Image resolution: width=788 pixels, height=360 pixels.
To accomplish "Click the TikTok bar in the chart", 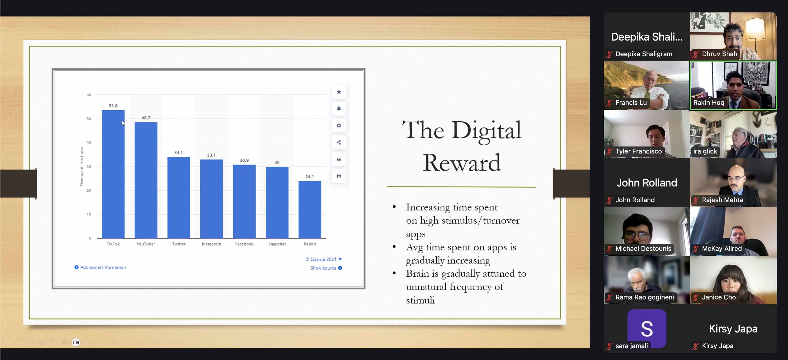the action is pyautogui.click(x=113, y=174).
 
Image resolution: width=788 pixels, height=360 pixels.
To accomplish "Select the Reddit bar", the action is pyautogui.click(x=310, y=209).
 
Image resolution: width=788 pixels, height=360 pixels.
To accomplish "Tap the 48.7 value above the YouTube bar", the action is pyautogui.click(x=146, y=118).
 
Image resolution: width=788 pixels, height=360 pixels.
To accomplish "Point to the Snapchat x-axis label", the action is pyautogui.click(x=277, y=244).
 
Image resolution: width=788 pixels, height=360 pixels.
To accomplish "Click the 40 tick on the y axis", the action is pyautogui.click(x=89, y=142).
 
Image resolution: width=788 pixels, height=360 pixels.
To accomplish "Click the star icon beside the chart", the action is pyautogui.click(x=339, y=92).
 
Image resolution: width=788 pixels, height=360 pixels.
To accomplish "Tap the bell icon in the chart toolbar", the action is pyautogui.click(x=339, y=109).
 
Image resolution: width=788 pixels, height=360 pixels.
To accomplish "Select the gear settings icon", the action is pyautogui.click(x=339, y=125).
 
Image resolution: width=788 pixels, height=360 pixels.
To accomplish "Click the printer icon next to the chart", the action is pyautogui.click(x=339, y=176).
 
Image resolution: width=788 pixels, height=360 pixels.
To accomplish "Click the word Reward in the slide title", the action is pyautogui.click(x=462, y=163).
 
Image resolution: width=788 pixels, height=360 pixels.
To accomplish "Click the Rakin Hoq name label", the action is pyautogui.click(x=709, y=103).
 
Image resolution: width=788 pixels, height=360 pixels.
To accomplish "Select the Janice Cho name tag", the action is pyautogui.click(x=719, y=297).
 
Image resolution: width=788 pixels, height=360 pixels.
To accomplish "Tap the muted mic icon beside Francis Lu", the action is pyautogui.click(x=609, y=103).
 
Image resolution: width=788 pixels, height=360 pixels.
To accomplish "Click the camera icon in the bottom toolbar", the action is pyautogui.click(x=76, y=342).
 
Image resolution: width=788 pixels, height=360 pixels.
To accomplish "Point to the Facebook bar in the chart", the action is pyautogui.click(x=244, y=202).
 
